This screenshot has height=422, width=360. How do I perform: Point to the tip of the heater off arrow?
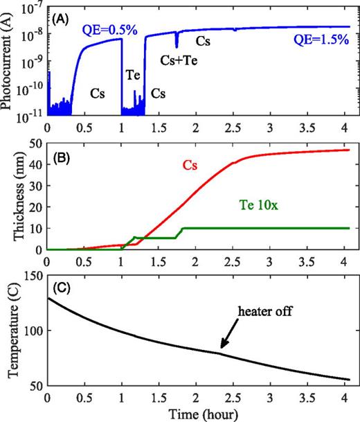(221, 351)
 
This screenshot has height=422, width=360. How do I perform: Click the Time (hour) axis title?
(198, 414)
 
